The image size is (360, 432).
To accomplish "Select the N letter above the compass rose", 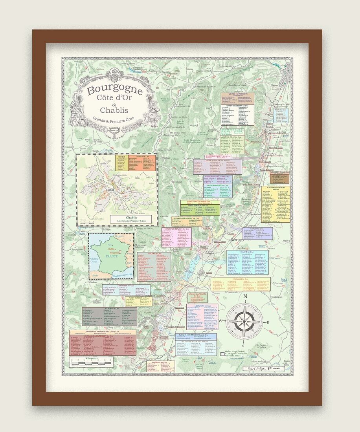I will (x=245, y=297).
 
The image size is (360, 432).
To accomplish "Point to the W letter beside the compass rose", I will (x=220, y=321).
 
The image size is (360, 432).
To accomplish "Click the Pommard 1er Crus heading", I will (x=241, y=278).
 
